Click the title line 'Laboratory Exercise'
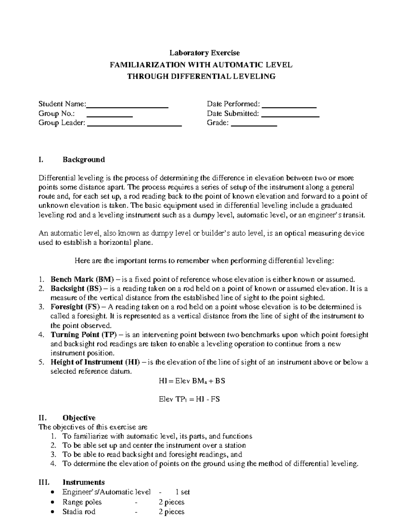[x=205, y=53]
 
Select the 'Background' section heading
[x=84, y=160]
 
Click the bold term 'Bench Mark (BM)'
[x=82, y=280]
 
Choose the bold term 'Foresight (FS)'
[x=76, y=307]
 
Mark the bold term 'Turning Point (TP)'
[x=84, y=335]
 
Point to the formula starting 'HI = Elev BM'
[x=192, y=381]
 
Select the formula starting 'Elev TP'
[x=189, y=399]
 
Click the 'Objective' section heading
[x=79, y=418]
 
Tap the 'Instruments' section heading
[x=84, y=482]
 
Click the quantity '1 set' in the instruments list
[x=182, y=492]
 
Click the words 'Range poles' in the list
[x=82, y=502]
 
